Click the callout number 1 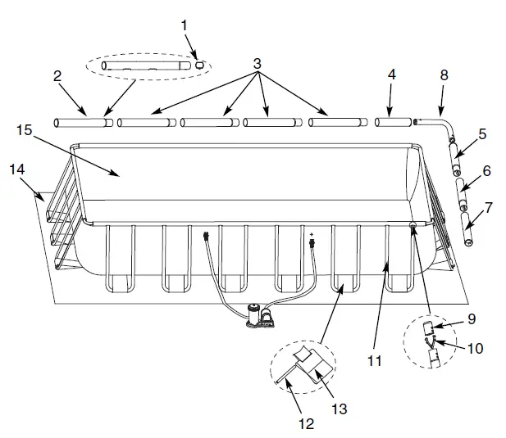(x=185, y=25)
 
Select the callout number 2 (x=57, y=76)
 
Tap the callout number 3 (x=258, y=62)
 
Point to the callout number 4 (x=392, y=75)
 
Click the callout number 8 (x=444, y=75)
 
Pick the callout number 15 (x=23, y=129)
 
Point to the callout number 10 (x=475, y=348)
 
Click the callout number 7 (x=490, y=207)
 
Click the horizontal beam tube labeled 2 (x=82, y=123)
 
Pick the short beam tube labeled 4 (x=394, y=122)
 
